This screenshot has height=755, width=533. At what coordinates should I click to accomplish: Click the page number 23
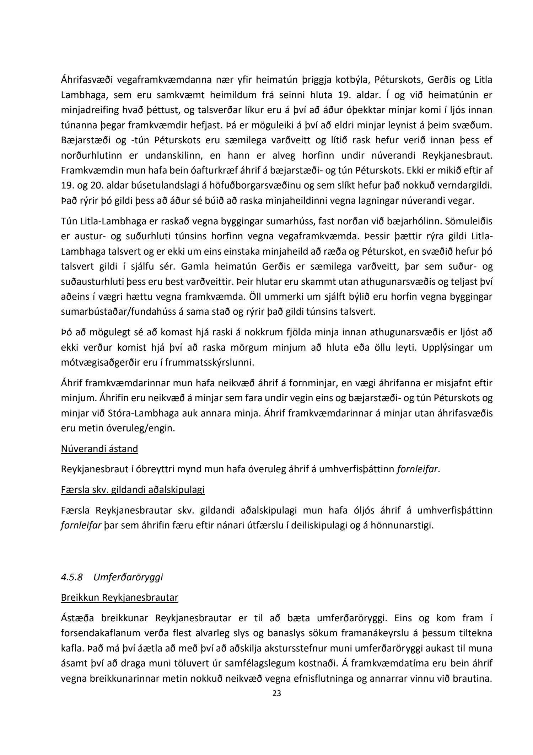(276, 693)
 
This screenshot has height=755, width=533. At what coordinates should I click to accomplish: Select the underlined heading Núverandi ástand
(99, 448)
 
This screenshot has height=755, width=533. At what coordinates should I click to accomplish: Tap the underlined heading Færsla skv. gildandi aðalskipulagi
(133, 490)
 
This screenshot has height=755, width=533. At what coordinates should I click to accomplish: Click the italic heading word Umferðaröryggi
(128, 577)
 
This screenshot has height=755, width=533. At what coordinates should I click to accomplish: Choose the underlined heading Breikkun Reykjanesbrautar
(119, 597)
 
